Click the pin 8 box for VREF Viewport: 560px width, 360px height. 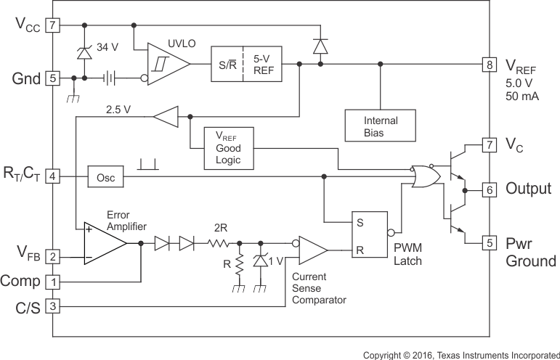490,65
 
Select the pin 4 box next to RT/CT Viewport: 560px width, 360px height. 52,176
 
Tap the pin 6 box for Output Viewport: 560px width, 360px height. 490,189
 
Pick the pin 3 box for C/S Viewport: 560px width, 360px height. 52,306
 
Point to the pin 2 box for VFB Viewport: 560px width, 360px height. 52,256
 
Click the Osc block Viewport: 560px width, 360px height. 106,176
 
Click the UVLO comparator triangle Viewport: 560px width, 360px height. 166,65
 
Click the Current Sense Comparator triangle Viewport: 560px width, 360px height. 311,250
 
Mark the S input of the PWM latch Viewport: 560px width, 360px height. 358,224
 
